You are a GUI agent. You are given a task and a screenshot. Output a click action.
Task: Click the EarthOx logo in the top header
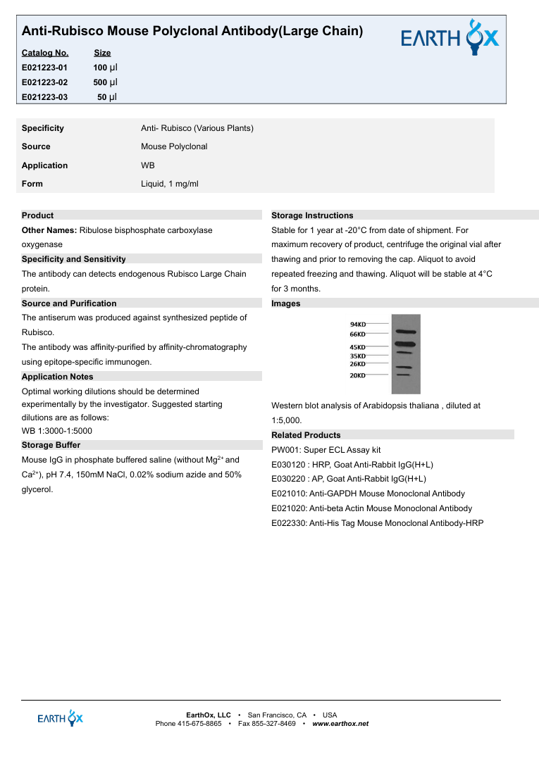pyautogui.click(x=450, y=37)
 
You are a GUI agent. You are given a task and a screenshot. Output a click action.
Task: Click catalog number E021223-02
pyautogui.click(x=45, y=82)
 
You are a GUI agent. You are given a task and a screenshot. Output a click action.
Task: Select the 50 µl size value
pyautogui.click(x=107, y=97)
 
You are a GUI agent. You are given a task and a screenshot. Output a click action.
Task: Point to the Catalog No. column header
pyautogui.click(x=45, y=53)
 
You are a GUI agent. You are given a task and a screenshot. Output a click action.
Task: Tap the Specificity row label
pyautogui.click(x=43, y=128)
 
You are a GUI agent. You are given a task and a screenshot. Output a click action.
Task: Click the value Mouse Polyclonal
pyautogui.click(x=174, y=146)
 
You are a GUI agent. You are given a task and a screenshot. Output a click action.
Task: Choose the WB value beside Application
pyautogui.click(x=148, y=165)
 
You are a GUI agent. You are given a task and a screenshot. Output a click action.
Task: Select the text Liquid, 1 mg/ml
pyautogui.click(x=170, y=184)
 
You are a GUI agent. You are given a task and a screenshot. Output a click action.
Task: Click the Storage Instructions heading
pyautogui.click(x=312, y=215)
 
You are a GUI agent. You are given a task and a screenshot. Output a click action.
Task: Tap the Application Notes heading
pyautogui.click(x=57, y=377)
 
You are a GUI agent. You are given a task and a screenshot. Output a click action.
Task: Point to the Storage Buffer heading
pyautogui.click(x=51, y=445)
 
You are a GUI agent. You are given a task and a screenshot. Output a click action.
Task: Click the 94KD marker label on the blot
pyautogui.click(x=358, y=324)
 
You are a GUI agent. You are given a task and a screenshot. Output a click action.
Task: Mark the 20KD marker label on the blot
pyautogui.click(x=358, y=376)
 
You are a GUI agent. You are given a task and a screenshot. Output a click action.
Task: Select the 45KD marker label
pyautogui.click(x=358, y=347)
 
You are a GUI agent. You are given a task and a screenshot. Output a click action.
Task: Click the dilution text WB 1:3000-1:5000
pyautogui.click(x=57, y=431)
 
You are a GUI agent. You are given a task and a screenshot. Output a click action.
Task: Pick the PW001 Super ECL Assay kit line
pyautogui.click(x=326, y=450)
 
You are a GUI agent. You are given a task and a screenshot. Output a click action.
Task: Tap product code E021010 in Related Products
pyautogui.click(x=289, y=494)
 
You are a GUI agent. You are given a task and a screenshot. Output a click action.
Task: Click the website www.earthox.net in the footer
pyautogui.click(x=340, y=724)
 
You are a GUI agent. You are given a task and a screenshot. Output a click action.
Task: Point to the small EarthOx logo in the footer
pyautogui.click(x=61, y=718)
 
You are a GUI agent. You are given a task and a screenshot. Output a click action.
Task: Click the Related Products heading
pyautogui.click(x=306, y=435)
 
